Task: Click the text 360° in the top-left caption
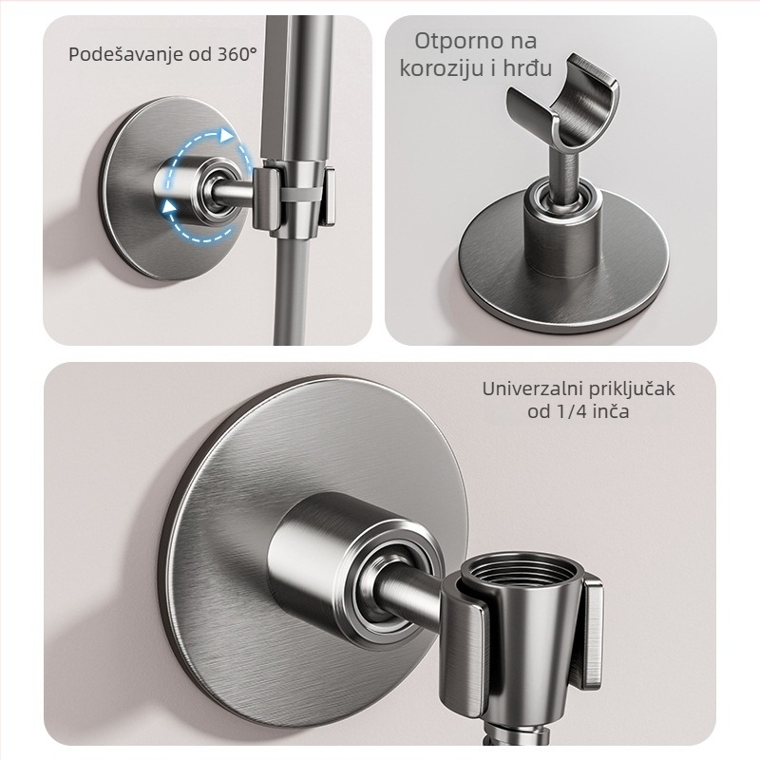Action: [x=233, y=53]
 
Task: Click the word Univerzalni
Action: [x=526, y=389]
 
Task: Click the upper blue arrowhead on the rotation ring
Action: [x=226, y=137]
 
